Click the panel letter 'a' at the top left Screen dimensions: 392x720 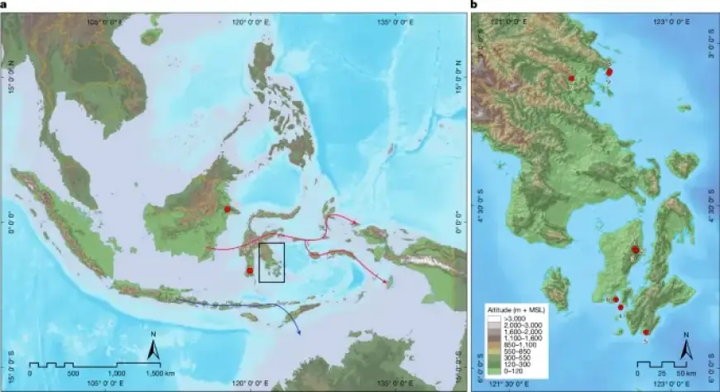point(3,5)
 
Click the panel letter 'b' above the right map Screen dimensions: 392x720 point(473,5)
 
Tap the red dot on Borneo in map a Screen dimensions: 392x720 point(227,210)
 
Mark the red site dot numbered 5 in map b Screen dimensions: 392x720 point(646,332)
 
